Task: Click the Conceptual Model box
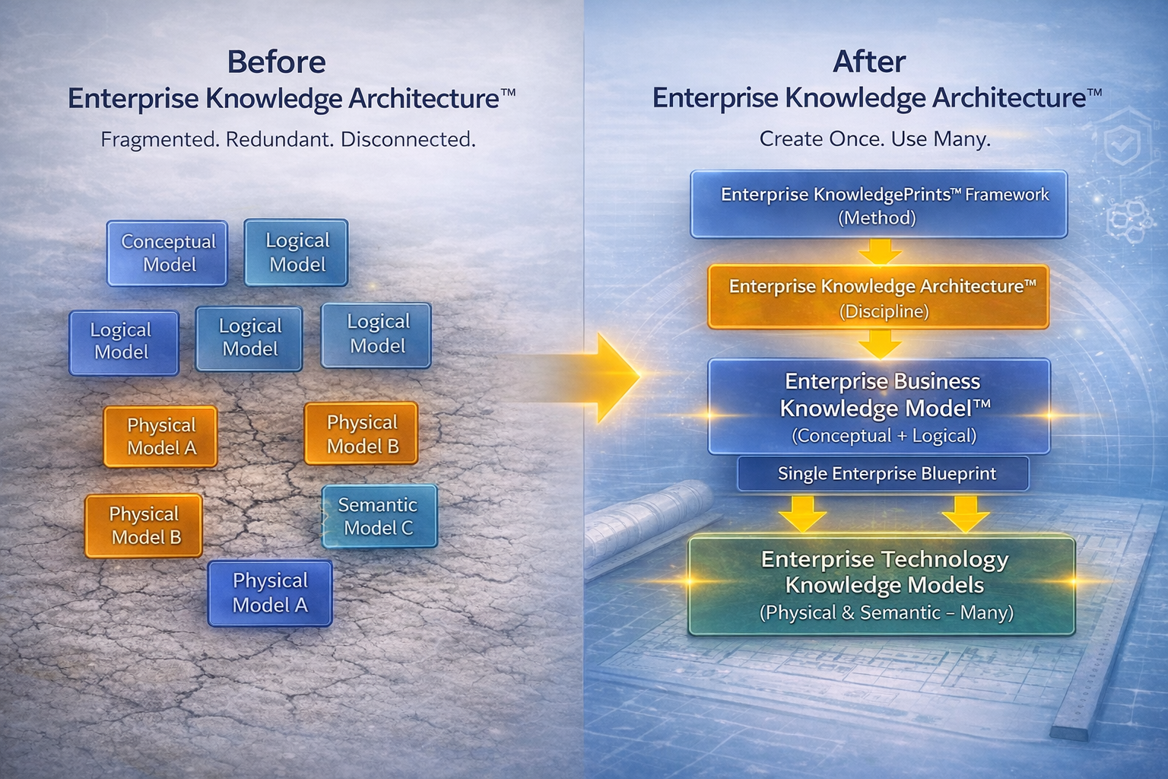point(167,253)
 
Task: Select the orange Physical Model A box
point(160,436)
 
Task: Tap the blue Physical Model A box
point(270,593)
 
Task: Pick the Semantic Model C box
point(379,517)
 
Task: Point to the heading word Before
point(276,62)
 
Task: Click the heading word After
point(869,62)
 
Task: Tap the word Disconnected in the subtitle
point(408,140)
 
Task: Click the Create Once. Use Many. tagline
point(874,139)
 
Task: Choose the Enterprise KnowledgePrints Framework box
point(878,205)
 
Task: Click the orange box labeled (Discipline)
point(878,297)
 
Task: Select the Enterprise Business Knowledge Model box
point(878,406)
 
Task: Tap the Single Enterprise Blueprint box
point(884,474)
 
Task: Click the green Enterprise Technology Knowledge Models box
point(882,585)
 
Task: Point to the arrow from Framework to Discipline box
point(880,251)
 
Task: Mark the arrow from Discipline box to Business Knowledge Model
point(880,344)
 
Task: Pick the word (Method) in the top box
point(877,218)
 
